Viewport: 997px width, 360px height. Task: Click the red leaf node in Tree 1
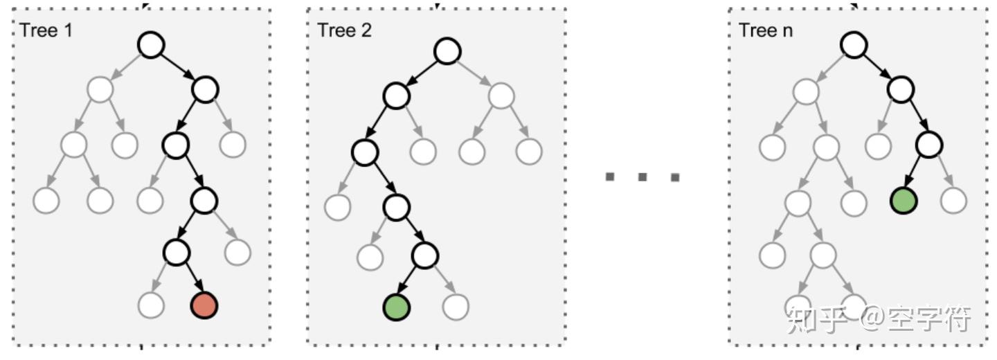pos(204,305)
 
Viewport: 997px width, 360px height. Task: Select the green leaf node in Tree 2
pos(397,307)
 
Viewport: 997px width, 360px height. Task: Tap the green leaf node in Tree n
pos(904,200)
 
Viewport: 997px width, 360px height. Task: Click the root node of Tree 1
pos(151,45)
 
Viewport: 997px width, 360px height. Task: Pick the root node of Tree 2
pos(448,51)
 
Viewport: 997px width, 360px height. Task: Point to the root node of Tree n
pos(854,46)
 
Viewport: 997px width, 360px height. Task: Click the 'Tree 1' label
pos(46,30)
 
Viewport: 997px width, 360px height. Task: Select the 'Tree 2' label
pos(344,30)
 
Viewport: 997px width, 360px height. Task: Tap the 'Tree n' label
pos(766,30)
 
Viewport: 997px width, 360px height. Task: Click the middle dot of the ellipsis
pos(643,177)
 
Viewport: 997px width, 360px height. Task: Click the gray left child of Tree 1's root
pos(100,89)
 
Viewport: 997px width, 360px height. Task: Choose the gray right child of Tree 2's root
pos(501,96)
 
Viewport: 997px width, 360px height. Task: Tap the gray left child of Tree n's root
pos(806,91)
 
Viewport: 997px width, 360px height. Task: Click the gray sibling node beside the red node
pos(151,305)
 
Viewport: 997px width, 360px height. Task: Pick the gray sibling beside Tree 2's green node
pos(456,307)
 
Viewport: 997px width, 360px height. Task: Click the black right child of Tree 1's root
pos(205,89)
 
